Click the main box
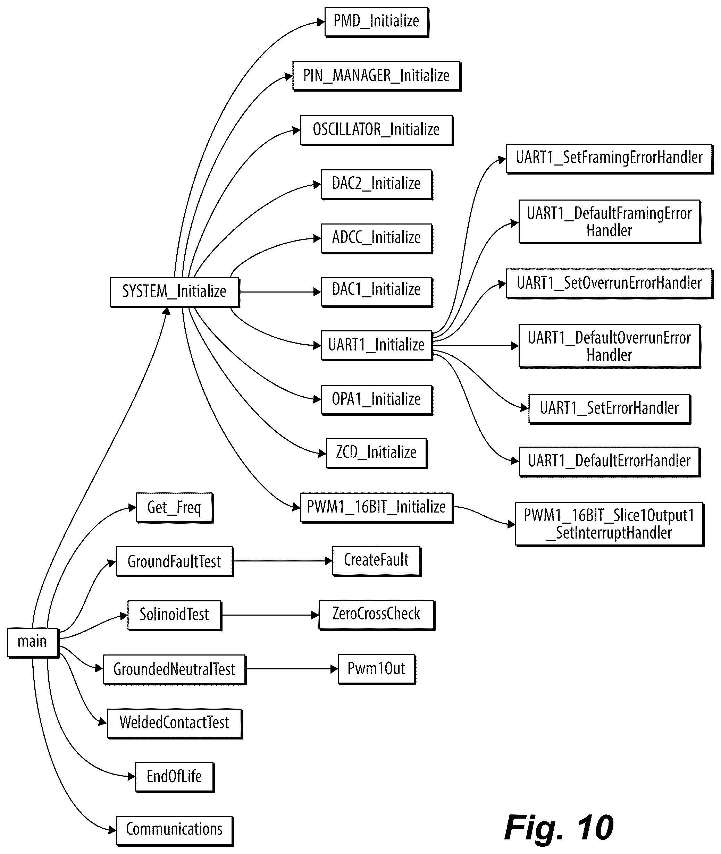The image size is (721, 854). coord(33,642)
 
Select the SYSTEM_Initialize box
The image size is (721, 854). coord(175,292)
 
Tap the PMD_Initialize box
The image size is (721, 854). coord(376,22)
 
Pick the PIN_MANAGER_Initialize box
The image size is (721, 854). coord(376,76)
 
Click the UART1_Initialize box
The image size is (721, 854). coord(376,346)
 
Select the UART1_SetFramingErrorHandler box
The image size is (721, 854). coord(610,159)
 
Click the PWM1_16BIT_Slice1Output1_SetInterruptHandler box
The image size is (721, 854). coord(610,524)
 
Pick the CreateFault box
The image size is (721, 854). coord(376,561)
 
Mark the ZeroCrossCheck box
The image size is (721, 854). coord(376,615)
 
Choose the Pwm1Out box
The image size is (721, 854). coord(376,669)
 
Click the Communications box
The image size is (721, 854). coord(175,831)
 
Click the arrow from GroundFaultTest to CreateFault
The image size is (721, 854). coord(283,561)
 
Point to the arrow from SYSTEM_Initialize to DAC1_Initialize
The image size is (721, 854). coord(280,292)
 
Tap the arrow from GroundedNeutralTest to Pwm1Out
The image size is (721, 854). coord(292,669)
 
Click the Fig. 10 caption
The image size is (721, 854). coord(559,828)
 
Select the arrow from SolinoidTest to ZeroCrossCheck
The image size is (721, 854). coord(270,615)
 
